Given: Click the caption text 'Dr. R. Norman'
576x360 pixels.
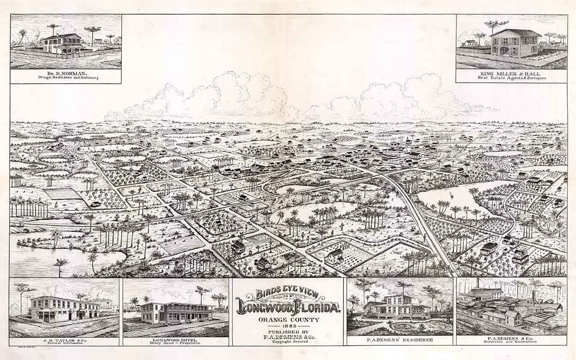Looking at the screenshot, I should coord(65,72).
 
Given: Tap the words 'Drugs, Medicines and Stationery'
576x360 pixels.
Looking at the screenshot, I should coord(65,78).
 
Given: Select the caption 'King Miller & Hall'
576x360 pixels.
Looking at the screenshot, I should coord(511,73).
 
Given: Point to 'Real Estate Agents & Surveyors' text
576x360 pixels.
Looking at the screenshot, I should coord(511,78).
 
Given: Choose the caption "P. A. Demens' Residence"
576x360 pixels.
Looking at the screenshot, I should coord(400,340).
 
